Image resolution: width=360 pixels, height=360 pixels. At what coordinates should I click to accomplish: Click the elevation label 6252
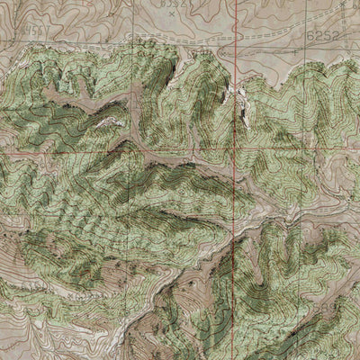pos(323,34)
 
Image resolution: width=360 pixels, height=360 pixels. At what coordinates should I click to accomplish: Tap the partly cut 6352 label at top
pos(174,4)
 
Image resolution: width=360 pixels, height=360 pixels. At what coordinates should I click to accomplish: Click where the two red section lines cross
pos(238,147)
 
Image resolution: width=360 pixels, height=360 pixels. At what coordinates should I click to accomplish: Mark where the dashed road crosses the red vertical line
pos(237,43)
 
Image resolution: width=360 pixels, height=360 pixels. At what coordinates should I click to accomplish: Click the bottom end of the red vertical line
pos(232,357)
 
